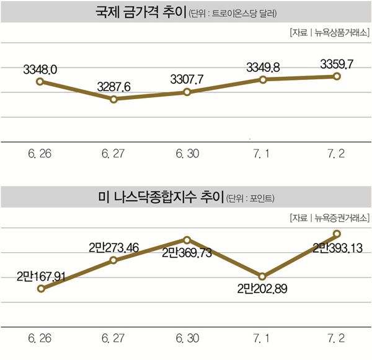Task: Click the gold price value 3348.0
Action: pos(40,69)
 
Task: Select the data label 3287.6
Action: pos(113,87)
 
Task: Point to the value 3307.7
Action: pos(188,79)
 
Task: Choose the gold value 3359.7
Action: pos(337,63)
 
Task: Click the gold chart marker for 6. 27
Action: pos(114,99)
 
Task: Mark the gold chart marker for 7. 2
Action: pos(337,76)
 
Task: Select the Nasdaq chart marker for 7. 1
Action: pos(262,276)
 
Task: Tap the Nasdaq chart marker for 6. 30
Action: pos(188,239)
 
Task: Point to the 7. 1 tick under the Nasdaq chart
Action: pos(262,339)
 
